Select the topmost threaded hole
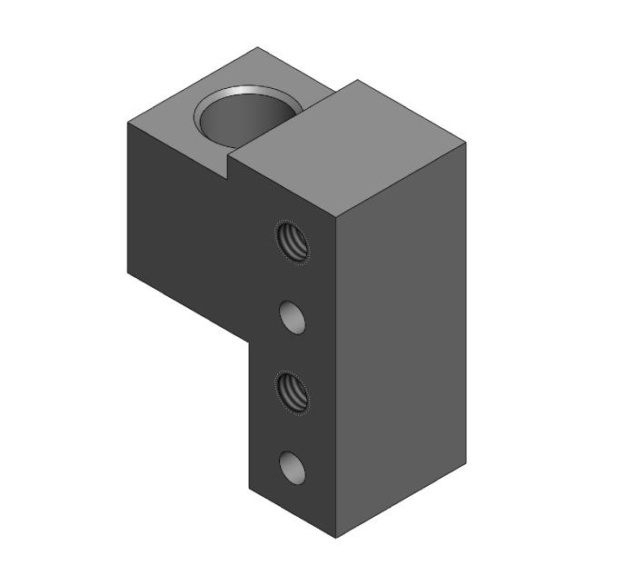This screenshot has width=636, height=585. point(292,242)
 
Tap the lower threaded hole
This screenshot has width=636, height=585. point(292,392)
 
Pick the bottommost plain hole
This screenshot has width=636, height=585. point(292,467)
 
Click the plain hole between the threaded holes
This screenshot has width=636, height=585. point(292,317)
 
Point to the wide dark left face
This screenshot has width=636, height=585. point(191,227)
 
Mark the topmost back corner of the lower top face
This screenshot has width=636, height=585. point(257,47)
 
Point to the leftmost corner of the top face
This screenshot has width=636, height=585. point(126,120)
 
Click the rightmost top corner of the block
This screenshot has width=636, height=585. point(467,143)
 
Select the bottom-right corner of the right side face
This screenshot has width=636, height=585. point(467,470)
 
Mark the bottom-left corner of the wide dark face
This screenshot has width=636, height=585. point(127,271)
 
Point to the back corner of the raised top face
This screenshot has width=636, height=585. point(356,80)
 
